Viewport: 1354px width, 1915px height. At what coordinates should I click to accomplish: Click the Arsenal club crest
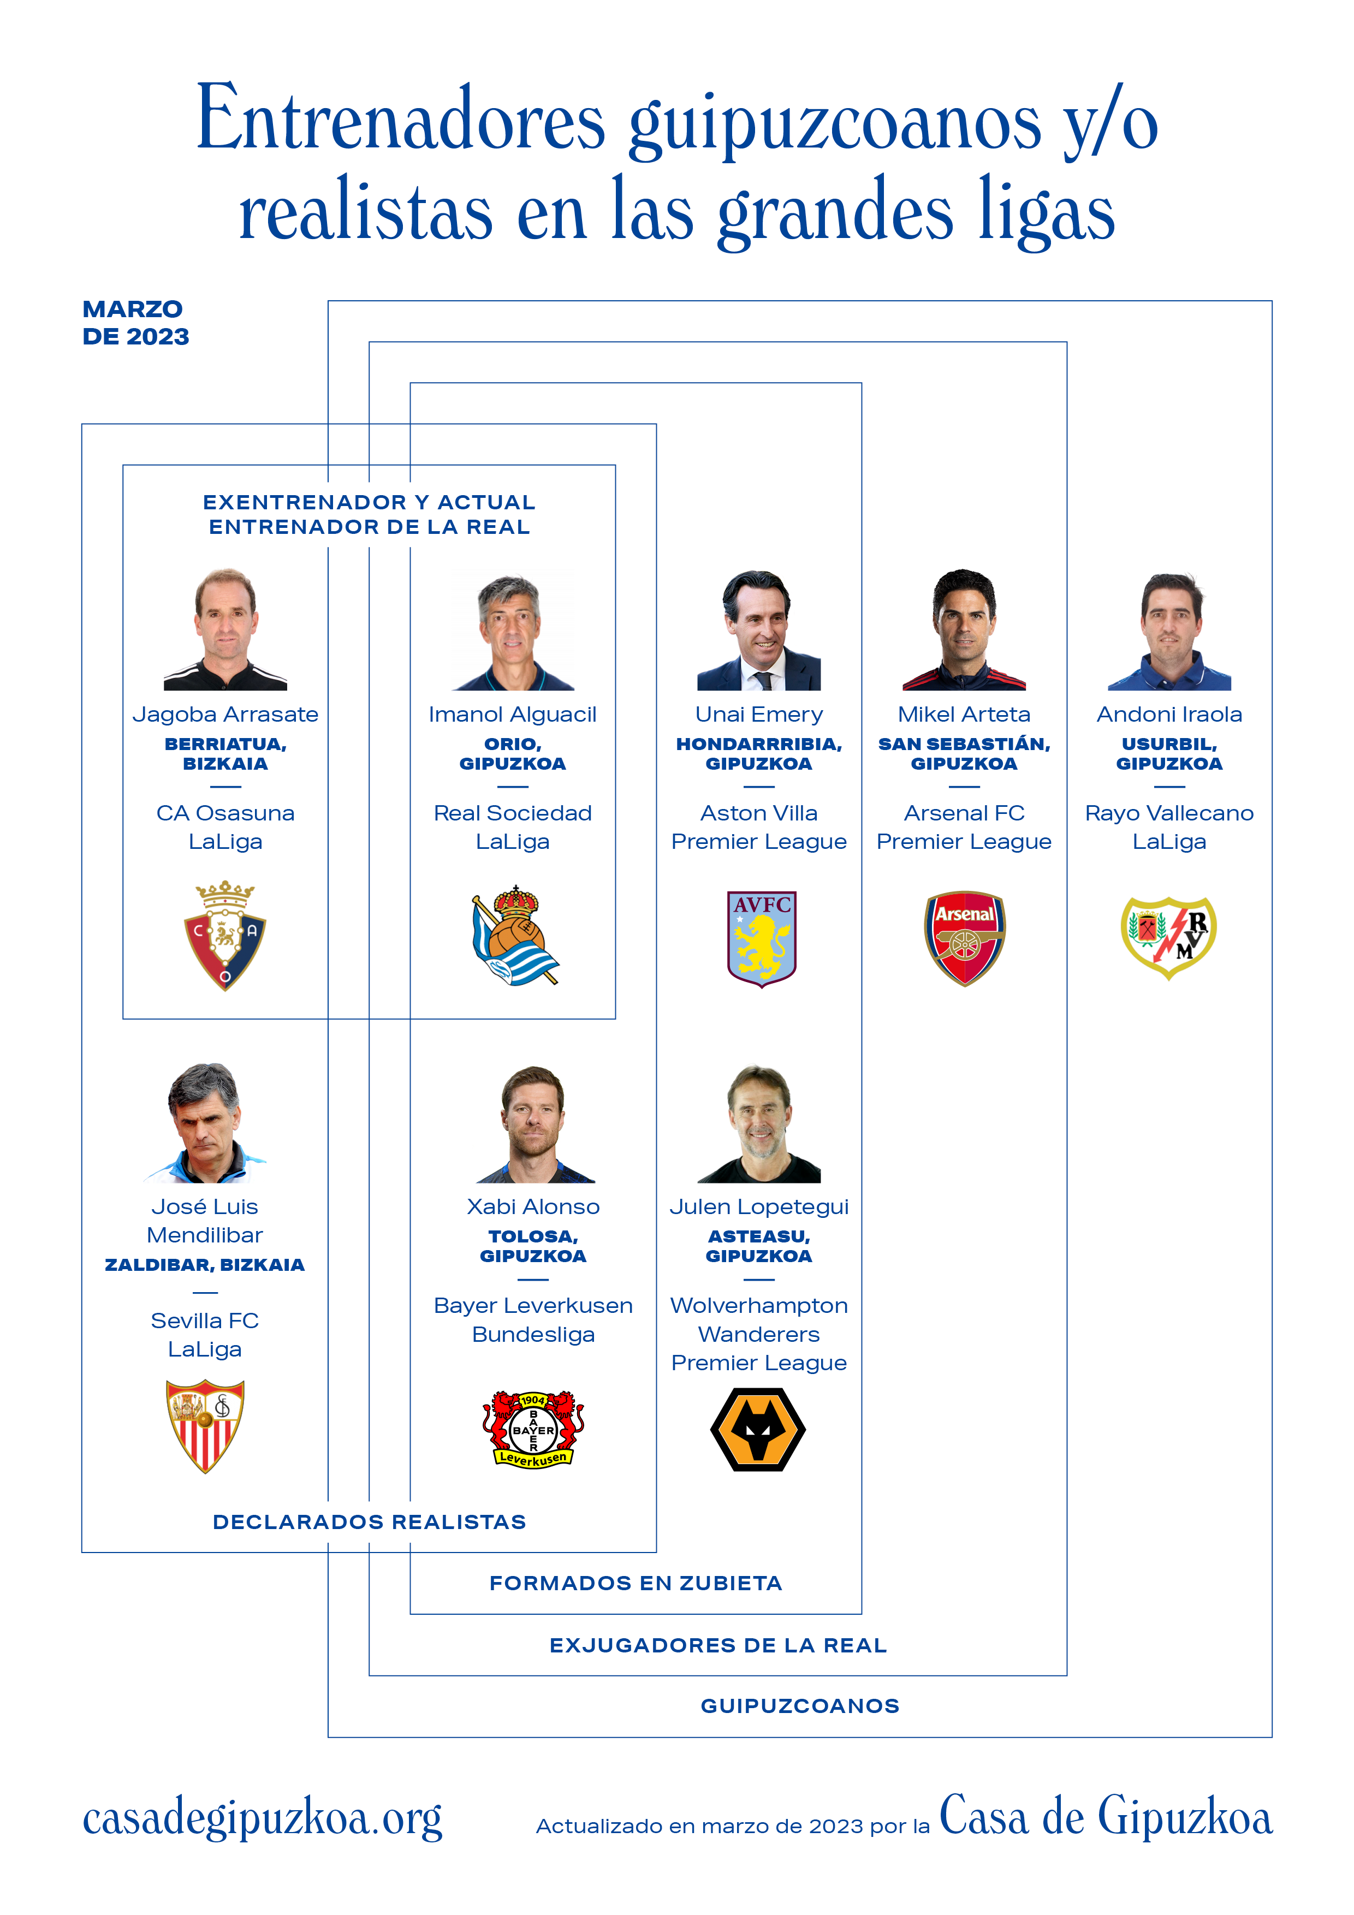click(x=964, y=938)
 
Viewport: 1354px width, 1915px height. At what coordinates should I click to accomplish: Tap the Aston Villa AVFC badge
click(x=761, y=939)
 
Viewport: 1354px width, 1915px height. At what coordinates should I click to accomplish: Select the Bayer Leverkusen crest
click(x=533, y=1429)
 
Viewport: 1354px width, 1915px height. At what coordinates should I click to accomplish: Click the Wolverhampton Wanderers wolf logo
click(x=758, y=1430)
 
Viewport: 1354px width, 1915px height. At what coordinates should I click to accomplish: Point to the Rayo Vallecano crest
click(x=1169, y=937)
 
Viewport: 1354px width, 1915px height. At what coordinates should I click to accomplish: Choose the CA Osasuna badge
click(x=225, y=936)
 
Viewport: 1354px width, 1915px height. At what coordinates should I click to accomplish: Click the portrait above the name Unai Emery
click(x=759, y=630)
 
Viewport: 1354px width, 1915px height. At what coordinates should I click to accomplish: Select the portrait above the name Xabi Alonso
click(x=535, y=1123)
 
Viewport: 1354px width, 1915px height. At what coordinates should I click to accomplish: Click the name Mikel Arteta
click(x=964, y=714)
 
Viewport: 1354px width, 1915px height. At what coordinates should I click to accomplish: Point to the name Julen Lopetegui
click(x=759, y=1207)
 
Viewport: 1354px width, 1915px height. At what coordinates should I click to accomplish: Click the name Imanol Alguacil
click(x=512, y=715)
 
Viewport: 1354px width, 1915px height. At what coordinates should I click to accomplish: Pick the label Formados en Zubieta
click(x=636, y=1583)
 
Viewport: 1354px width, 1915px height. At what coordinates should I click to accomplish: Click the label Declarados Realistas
click(x=370, y=1522)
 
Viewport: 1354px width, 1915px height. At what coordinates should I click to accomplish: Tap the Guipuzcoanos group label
click(x=800, y=1706)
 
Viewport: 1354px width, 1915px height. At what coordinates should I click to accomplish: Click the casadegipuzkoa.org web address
click(x=262, y=1819)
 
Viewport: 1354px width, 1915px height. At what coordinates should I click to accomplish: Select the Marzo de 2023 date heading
click(x=135, y=323)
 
